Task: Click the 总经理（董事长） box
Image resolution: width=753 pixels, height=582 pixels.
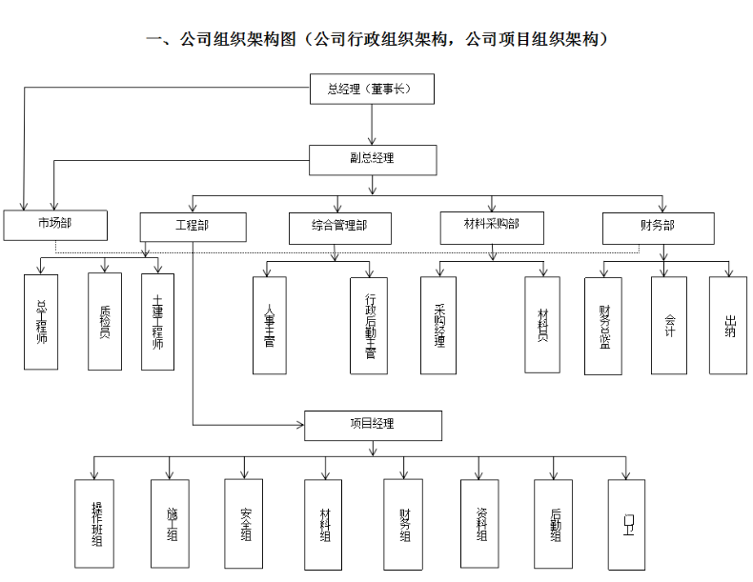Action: [373, 90]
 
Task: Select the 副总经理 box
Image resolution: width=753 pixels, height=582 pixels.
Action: [373, 159]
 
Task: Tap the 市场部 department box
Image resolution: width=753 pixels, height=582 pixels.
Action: [54, 225]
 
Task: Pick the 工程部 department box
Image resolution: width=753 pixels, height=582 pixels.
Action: [193, 227]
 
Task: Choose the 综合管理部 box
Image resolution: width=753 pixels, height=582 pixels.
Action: [339, 228]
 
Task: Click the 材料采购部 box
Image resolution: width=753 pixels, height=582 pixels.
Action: [491, 226]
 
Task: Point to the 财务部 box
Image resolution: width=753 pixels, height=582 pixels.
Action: [658, 228]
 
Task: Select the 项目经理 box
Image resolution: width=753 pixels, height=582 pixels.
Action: [373, 425]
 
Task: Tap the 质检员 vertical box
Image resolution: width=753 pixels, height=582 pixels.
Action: [105, 322]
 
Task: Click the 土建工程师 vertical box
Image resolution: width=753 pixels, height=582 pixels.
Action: [158, 322]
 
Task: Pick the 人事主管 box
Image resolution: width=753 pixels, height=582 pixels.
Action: [270, 326]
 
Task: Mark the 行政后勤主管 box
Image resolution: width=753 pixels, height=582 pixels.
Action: [370, 326]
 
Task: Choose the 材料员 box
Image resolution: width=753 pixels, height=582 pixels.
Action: [542, 325]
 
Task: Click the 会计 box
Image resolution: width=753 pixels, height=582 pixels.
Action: [670, 325]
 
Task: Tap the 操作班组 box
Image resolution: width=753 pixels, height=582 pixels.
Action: [94, 523]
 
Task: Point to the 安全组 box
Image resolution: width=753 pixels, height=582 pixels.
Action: [244, 523]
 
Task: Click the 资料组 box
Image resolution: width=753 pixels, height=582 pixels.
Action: [480, 523]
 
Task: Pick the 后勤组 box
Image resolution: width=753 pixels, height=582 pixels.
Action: [554, 523]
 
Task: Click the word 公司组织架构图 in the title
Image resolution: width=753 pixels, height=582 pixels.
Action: [238, 40]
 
